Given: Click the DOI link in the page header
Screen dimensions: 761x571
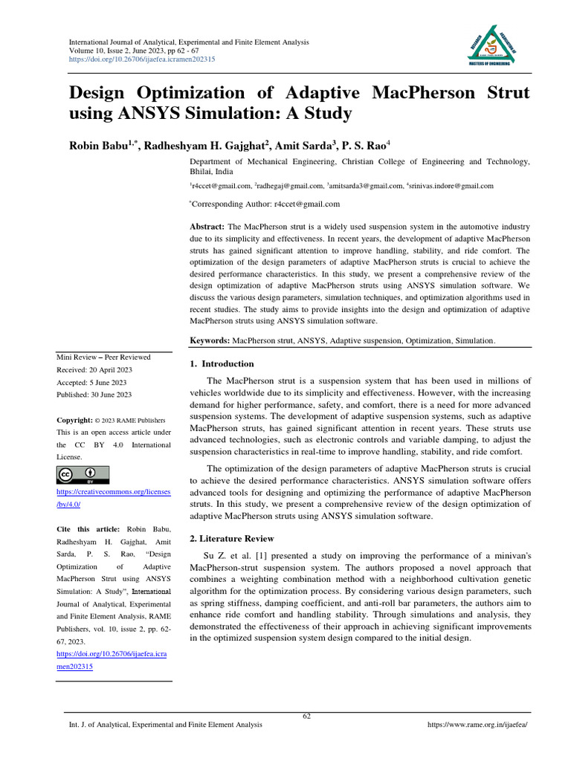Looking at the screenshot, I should pyautogui.click(x=142, y=59).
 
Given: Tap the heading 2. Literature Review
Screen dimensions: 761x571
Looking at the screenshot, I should pyautogui.click(x=228, y=538).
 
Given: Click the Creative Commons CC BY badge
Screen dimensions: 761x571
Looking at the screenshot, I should pyautogui.click(x=83, y=474).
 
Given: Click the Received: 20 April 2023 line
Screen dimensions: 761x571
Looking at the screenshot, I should pyautogui.click(x=95, y=370).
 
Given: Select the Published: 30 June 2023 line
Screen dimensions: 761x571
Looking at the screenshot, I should pyautogui.click(x=94, y=395).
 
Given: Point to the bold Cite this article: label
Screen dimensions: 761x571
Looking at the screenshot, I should pyautogui.click(x=83, y=528).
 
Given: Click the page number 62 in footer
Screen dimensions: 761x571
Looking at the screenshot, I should pyautogui.click(x=307, y=716).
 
